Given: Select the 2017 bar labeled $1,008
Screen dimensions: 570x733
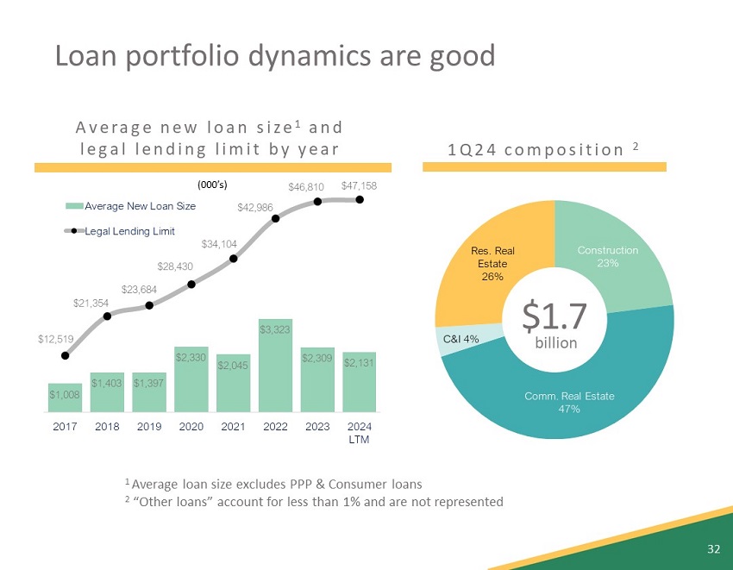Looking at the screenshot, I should (x=65, y=398).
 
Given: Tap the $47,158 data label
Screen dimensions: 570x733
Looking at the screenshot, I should (x=359, y=185).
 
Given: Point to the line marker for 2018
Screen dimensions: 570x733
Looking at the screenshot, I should (x=108, y=316).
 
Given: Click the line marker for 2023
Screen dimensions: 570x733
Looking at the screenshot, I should (x=317, y=202).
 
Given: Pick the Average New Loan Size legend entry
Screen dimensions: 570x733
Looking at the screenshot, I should (x=130, y=206).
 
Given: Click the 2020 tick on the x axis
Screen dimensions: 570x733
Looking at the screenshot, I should (x=191, y=426).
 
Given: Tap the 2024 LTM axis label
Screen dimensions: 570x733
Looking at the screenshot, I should (x=360, y=432).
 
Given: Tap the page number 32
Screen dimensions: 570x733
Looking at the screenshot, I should (x=713, y=548).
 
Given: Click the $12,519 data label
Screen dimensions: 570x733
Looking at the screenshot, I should (x=54, y=339).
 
